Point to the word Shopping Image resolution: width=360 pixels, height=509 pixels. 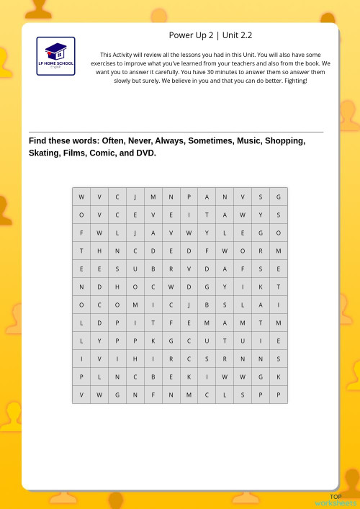pyautogui.click(x=285, y=141)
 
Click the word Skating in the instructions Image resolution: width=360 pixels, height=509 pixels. pyautogui.click(x=45, y=153)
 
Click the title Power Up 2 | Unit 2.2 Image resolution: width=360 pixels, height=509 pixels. pyautogui.click(x=210, y=35)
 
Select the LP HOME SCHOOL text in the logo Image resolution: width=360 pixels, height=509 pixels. pyautogui.click(x=55, y=64)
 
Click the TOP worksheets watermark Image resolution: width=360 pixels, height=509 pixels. pyautogui.click(x=336, y=500)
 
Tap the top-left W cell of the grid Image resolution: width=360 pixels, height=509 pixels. pyautogui.click(x=81, y=197)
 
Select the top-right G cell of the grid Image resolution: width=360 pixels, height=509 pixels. pyautogui.click(x=279, y=197)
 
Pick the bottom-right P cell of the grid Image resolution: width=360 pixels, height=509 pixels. pyautogui.click(x=279, y=395)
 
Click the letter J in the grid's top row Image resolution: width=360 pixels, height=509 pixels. pyautogui.click(x=135, y=197)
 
